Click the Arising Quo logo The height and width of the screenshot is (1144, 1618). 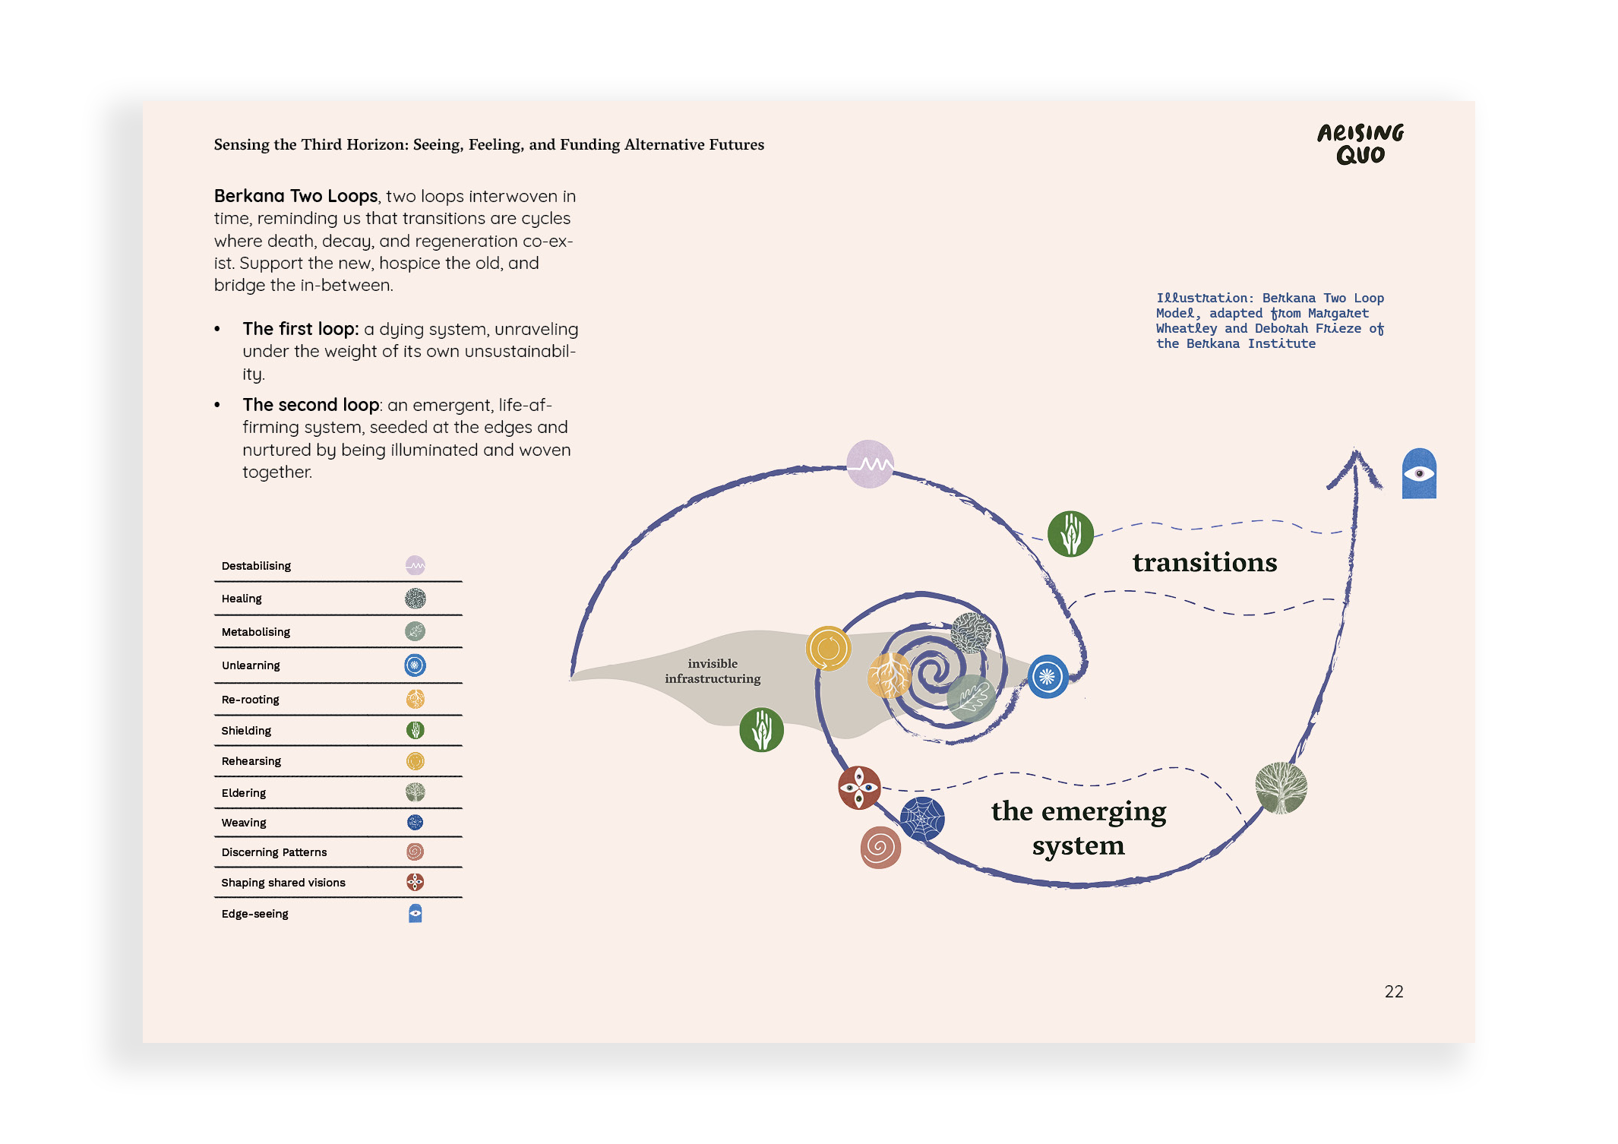click(1360, 144)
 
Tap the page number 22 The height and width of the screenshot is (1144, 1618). click(1394, 991)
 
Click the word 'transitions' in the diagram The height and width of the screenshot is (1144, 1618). click(1205, 562)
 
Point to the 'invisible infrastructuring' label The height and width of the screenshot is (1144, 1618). click(713, 671)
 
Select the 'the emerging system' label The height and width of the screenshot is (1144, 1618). click(1079, 828)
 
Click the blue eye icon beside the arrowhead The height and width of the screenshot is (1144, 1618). click(1419, 473)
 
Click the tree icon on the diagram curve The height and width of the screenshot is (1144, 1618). click(1281, 788)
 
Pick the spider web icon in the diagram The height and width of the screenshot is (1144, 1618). click(922, 819)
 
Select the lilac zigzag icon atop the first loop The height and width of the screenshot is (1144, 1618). click(870, 463)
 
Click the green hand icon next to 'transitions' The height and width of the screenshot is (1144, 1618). click(1070, 533)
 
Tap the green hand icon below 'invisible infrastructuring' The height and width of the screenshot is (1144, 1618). click(761, 730)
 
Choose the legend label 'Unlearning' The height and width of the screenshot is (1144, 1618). click(251, 665)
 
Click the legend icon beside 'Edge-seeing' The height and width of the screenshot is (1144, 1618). click(415, 913)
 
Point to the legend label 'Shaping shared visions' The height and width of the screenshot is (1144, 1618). click(283, 883)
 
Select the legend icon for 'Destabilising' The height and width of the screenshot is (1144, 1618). click(415, 565)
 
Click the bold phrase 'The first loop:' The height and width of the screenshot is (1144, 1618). click(301, 329)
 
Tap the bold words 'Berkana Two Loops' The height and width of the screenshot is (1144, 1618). click(295, 196)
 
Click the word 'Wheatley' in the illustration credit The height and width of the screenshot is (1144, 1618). click(1186, 328)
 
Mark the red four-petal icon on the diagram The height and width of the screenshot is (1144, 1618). click(859, 788)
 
